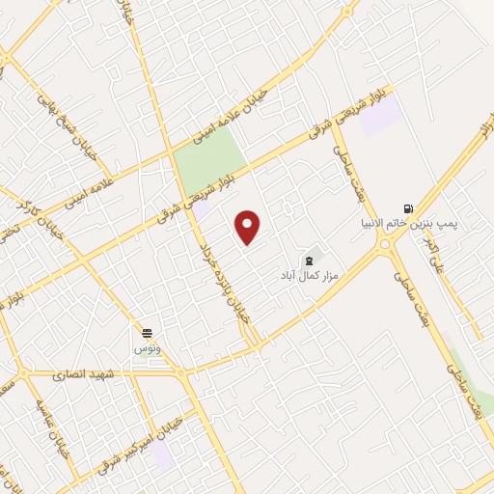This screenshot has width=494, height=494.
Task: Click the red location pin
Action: pyautogui.click(x=248, y=227)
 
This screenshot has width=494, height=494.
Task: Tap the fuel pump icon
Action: pyautogui.click(x=408, y=207)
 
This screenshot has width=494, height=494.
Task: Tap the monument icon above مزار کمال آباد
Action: pyautogui.click(x=309, y=261)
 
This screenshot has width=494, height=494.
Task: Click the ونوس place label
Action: pyautogui.click(x=148, y=345)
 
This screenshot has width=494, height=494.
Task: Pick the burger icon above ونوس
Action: pyautogui.click(x=147, y=330)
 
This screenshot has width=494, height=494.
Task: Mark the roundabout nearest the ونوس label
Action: pyautogui.click(x=178, y=371)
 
